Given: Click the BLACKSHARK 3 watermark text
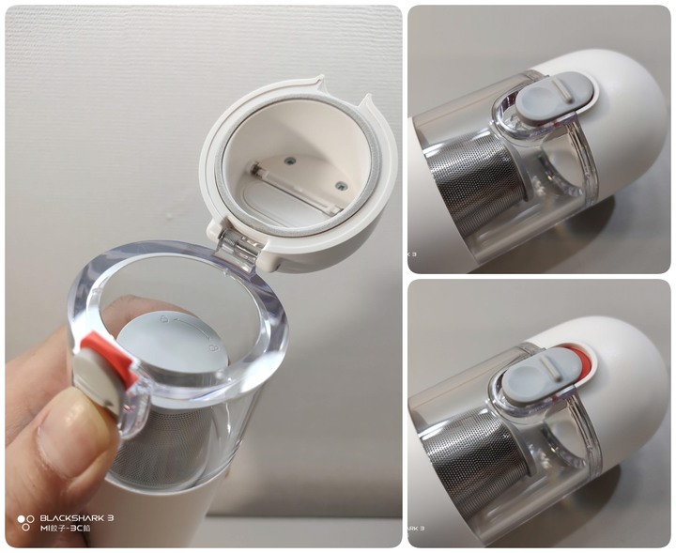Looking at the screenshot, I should pos(77,517).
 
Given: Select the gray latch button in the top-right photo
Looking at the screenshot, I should pos(556,100).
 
